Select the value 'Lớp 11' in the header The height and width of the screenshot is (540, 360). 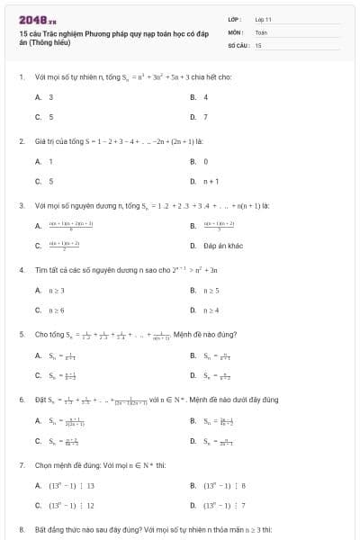point(263,18)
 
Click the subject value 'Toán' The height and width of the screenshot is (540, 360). point(261,31)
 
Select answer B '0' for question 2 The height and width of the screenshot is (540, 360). point(205,161)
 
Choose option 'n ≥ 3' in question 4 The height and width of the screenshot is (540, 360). point(57,290)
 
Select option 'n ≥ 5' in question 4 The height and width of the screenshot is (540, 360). point(212,290)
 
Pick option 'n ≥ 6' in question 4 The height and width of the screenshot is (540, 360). point(57,310)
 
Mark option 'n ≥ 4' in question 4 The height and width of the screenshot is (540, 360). point(212,310)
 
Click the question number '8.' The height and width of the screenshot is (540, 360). point(21,530)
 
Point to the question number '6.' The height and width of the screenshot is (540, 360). point(21,399)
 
